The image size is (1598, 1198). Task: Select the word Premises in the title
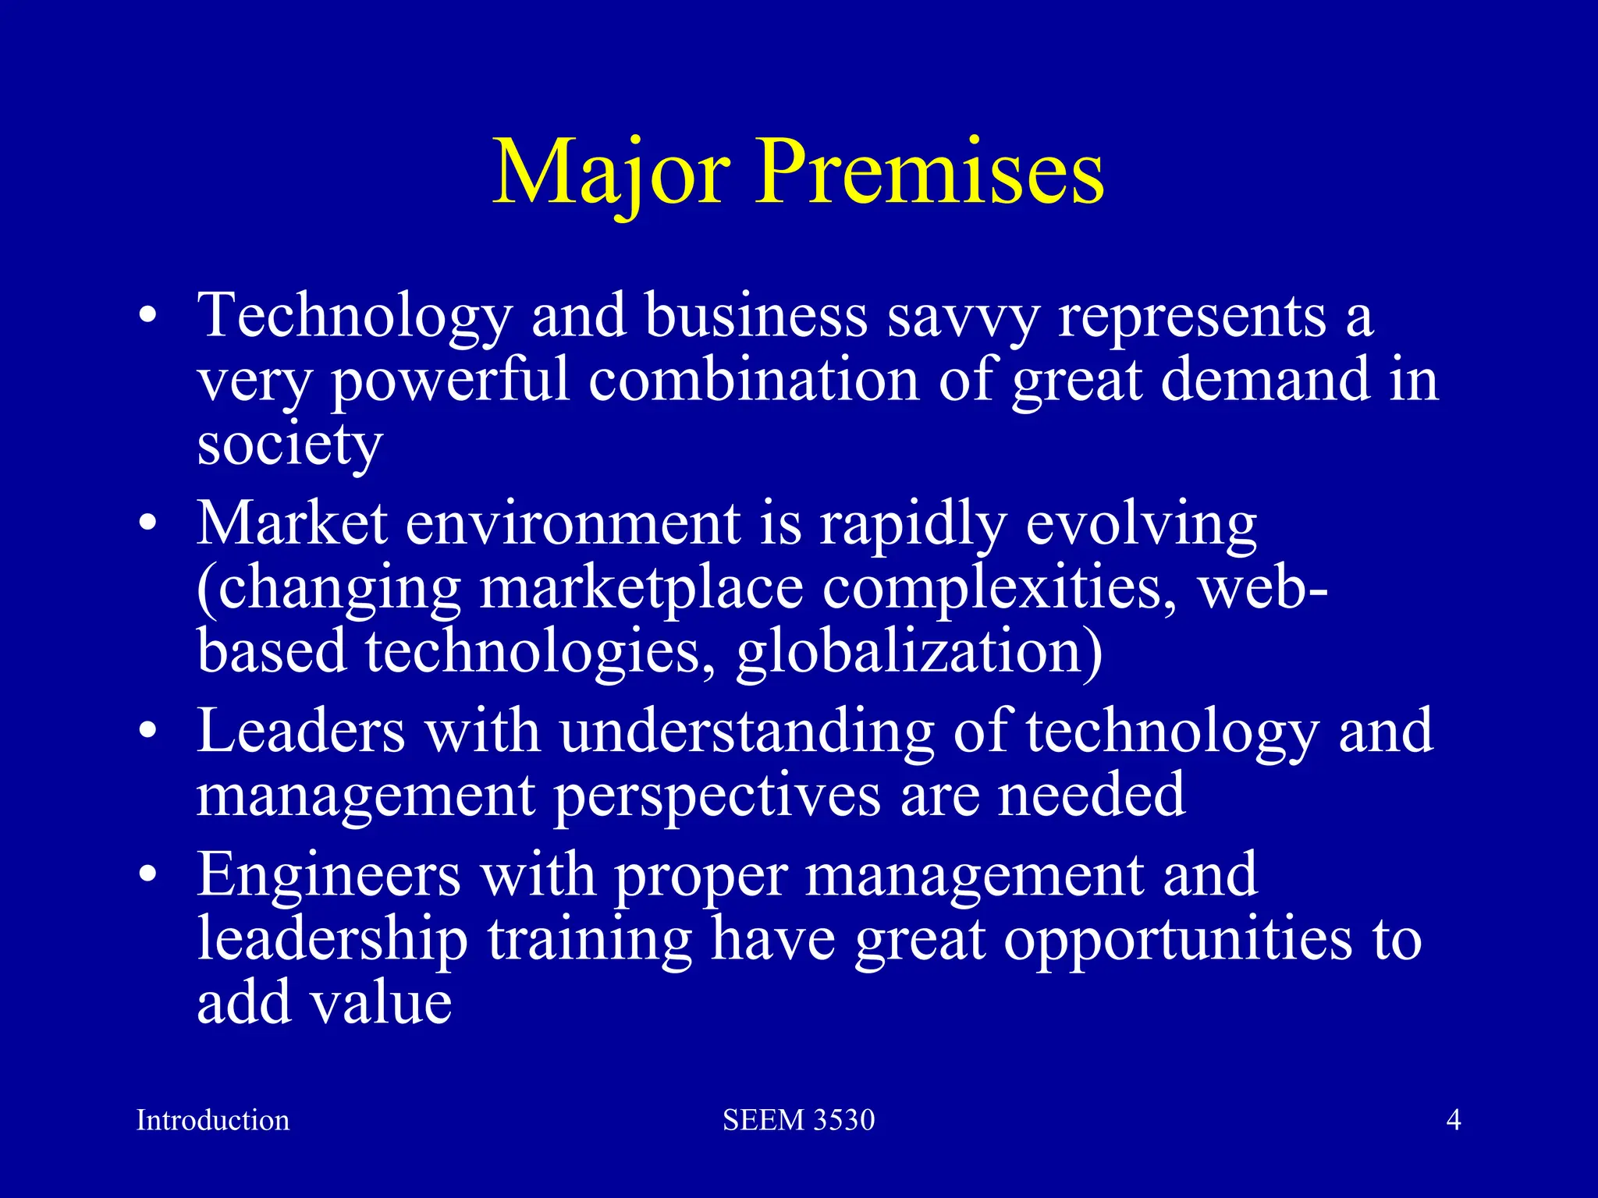pyautogui.click(x=929, y=173)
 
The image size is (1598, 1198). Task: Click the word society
pyautogui.click(x=289, y=446)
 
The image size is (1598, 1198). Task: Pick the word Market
pyautogui.click(x=292, y=523)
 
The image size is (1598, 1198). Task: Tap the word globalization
pyautogui.click(x=919, y=653)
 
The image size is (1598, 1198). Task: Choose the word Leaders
pyautogui.click(x=301, y=732)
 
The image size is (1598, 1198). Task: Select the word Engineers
pyautogui.click(x=328, y=875)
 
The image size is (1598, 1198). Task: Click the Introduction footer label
pyautogui.click(x=213, y=1120)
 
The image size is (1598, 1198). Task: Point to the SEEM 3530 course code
pyautogui.click(x=798, y=1120)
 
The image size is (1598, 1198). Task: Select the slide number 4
pyautogui.click(x=1454, y=1120)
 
